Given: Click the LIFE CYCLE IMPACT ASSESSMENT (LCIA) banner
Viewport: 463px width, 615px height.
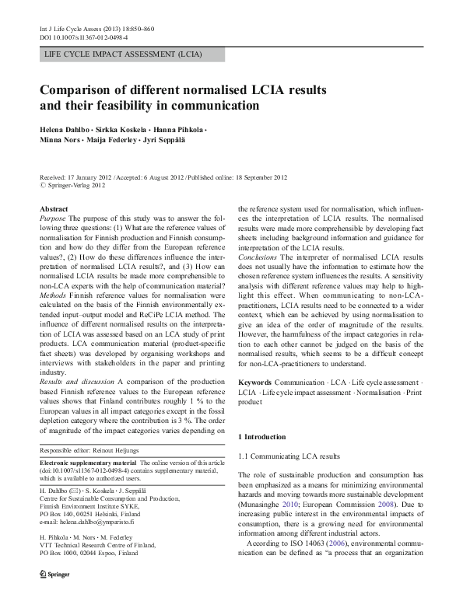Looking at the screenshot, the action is coord(125,55).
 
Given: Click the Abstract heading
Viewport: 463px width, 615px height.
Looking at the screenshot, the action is coord(54,210).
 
